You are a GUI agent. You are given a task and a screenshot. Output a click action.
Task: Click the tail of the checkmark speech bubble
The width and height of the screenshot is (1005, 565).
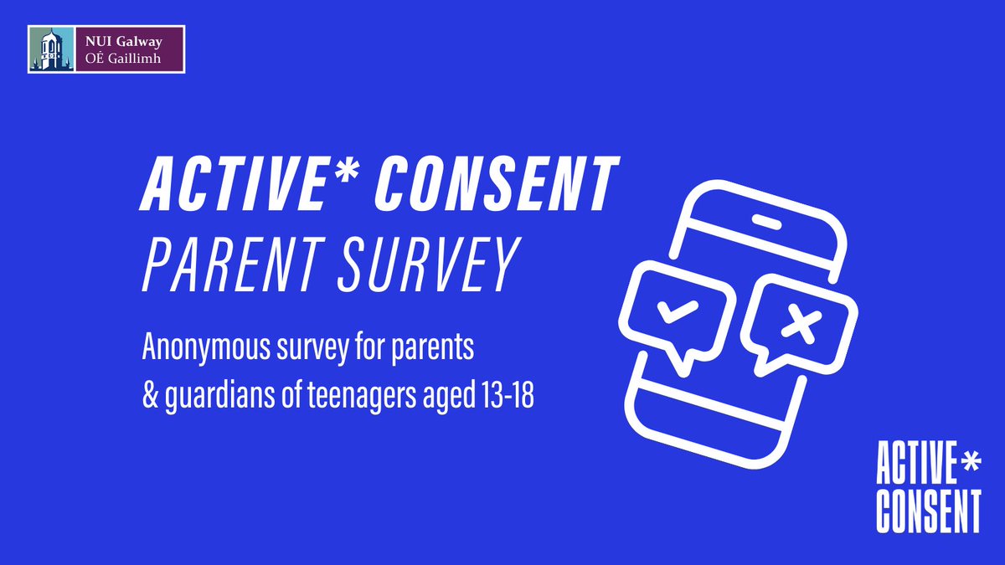coord(683,363)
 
